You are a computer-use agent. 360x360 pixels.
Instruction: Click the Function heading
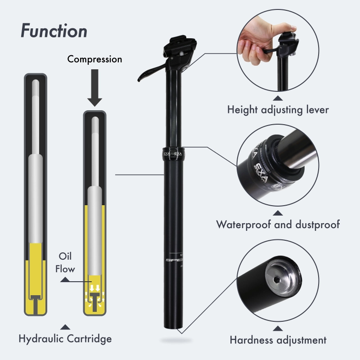tap(54, 31)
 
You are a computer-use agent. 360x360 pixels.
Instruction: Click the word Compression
tap(94, 59)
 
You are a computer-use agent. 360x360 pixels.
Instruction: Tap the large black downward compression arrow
tap(94, 88)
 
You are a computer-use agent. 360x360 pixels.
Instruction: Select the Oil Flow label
tap(67, 262)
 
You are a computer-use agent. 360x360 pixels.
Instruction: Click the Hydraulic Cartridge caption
tap(65, 338)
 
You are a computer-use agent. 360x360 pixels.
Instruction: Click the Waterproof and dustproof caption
tap(278, 224)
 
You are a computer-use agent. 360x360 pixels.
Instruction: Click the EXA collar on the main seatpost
tap(173, 153)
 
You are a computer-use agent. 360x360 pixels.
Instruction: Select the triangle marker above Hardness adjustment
tap(278, 328)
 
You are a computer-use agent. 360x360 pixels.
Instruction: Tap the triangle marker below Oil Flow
tap(66, 279)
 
